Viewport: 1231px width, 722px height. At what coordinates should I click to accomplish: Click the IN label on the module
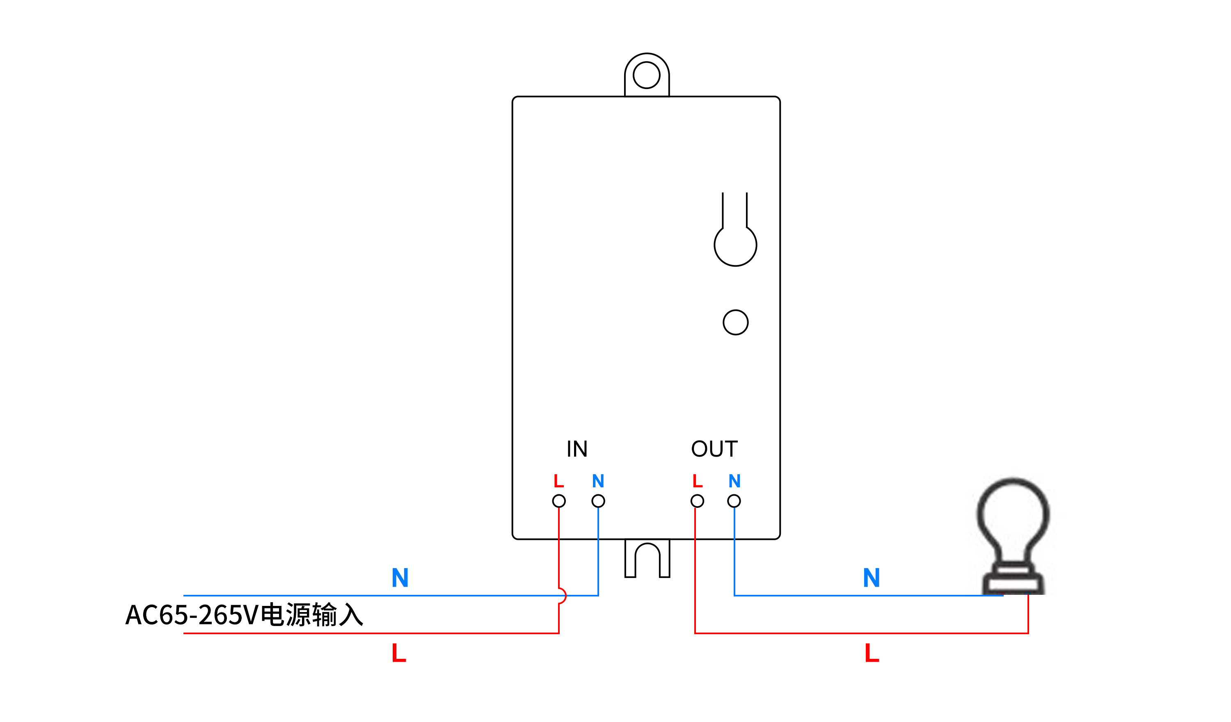577,448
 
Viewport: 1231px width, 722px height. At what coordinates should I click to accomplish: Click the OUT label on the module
714,448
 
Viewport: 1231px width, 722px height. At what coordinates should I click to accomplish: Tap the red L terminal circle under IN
559,501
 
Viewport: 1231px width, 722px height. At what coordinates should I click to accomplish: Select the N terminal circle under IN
598,501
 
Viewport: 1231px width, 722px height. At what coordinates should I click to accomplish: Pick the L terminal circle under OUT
697,501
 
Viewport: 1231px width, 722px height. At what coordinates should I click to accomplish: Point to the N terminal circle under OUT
734,501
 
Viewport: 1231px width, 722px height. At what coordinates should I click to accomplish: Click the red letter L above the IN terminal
558,481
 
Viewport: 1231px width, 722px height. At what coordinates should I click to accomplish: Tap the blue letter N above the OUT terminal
734,481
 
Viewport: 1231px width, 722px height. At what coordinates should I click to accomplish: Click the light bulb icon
1013,535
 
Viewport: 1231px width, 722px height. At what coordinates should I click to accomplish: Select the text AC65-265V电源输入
244,615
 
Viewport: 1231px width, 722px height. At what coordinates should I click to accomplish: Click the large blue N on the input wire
400,578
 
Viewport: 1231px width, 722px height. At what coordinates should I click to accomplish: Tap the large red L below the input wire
398,653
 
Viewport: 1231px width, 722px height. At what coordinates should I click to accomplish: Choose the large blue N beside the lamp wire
872,578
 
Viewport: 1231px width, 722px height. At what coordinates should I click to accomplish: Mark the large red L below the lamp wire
872,653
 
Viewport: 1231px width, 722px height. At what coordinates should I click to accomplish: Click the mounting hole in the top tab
646,75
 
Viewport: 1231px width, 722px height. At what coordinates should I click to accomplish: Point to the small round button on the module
735,322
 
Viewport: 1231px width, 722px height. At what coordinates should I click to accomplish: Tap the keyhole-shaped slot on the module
735,239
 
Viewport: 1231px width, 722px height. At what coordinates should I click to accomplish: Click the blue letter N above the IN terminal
598,481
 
